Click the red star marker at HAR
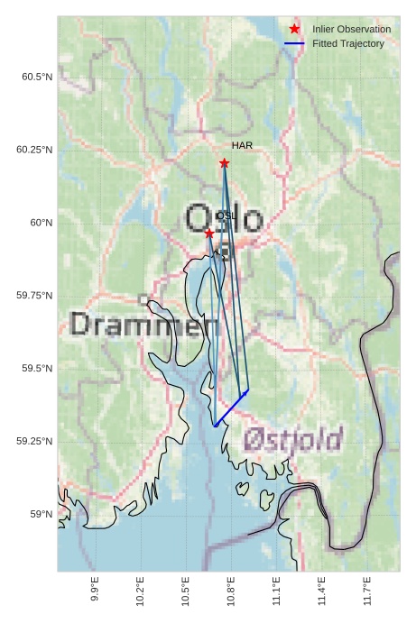click(224, 163)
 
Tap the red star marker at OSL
click(209, 234)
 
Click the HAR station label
click(242, 145)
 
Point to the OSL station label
click(226, 216)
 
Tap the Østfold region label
click(293, 440)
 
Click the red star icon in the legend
click(294, 30)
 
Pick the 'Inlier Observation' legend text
click(352, 30)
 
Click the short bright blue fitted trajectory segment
click(231, 408)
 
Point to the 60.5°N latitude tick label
click(37, 78)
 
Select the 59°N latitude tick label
click(41, 514)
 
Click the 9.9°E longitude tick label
click(95, 591)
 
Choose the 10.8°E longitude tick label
click(231, 591)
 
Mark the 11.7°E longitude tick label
click(367, 591)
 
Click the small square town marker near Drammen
click(143, 298)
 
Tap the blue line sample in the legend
click(294, 44)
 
